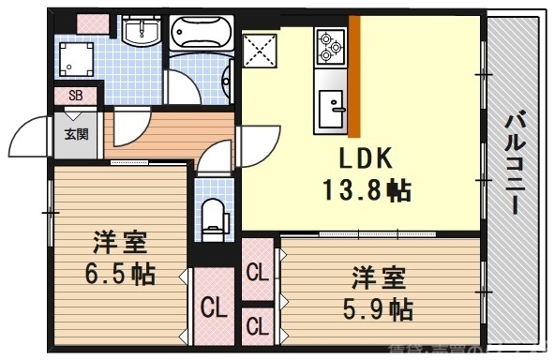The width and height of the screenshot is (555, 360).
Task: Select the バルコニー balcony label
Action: [x=515, y=165]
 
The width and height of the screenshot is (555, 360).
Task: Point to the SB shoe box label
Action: [x=76, y=95]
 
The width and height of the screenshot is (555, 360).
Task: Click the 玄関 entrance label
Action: [x=77, y=133]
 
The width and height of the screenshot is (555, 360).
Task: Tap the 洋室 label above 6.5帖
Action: [x=118, y=244]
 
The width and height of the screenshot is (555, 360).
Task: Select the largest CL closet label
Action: [x=215, y=306]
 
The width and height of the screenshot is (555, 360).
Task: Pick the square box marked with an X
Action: [x=260, y=50]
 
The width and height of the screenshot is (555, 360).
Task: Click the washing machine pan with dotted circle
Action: [x=72, y=60]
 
